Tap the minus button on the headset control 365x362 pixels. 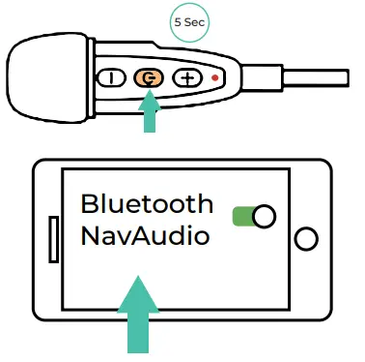click(115, 78)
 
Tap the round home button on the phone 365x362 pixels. click(306, 238)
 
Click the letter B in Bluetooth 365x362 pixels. click(89, 204)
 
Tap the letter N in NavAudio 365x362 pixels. click(90, 235)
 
